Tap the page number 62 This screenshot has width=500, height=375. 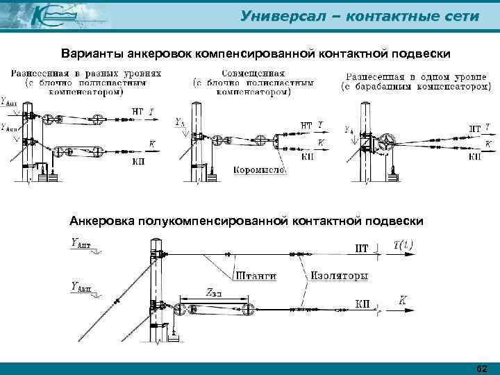tap(483, 367)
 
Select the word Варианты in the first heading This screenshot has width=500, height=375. tap(90, 53)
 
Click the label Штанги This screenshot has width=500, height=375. tap(256, 276)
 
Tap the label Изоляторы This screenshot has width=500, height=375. tap(339, 276)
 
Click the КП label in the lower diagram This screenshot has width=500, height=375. tap(361, 303)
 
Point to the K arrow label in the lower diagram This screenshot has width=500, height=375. tap(403, 300)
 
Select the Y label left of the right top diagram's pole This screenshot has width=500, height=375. tap(347, 130)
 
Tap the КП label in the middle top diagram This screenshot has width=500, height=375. tap(306, 156)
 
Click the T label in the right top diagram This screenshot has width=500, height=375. tap(488, 126)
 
